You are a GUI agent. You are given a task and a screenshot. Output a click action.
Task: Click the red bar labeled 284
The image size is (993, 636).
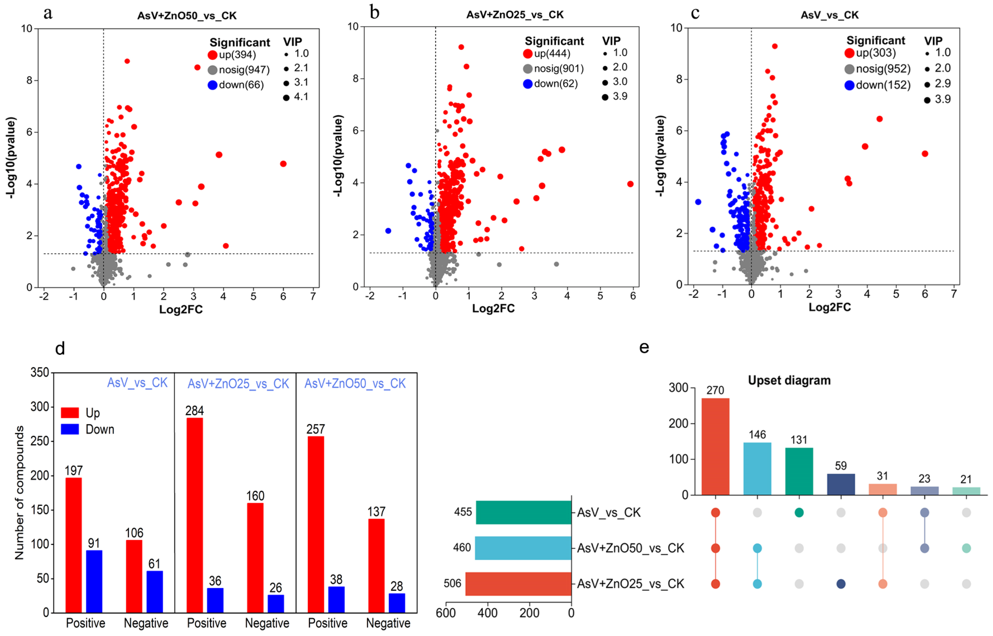click(x=195, y=514)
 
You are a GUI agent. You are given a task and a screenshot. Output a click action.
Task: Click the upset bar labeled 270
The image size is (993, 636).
click(x=715, y=446)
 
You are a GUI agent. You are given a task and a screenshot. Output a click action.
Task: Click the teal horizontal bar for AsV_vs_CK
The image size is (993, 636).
click(x=524, y=512)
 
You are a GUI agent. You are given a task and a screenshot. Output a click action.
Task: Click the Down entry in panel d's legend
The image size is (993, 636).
click(x=99, y=429)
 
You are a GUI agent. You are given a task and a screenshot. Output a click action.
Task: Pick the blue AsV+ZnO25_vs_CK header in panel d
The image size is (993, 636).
click(x=238, y=384)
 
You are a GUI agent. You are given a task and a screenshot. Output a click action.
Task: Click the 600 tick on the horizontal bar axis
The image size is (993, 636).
click(x=446, y=613)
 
